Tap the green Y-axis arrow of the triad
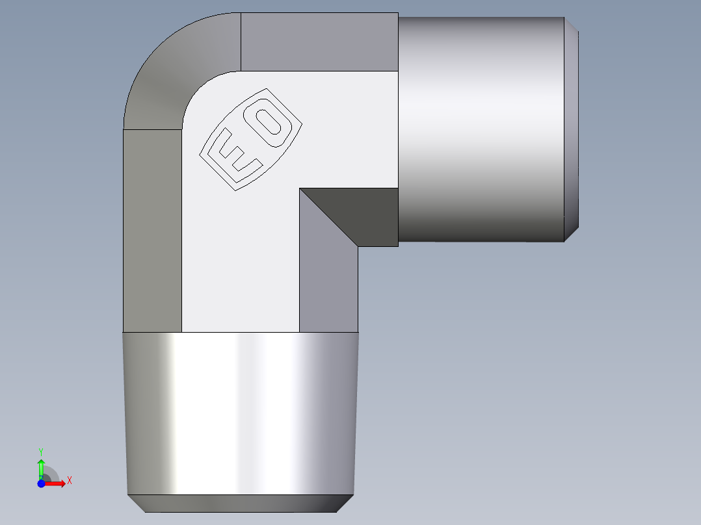(x=41, y=467)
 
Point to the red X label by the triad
(x=69, y=481)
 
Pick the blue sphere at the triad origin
(x=41, y=484)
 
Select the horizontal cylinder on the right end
(x=481, y=130)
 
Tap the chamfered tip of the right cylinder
(x=571, y=130)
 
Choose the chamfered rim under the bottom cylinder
(x=241, y=503)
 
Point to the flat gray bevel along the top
(x=319, y=42)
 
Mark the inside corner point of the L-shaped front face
(x=300, y=189)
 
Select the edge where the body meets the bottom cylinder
(x=241, y=333)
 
